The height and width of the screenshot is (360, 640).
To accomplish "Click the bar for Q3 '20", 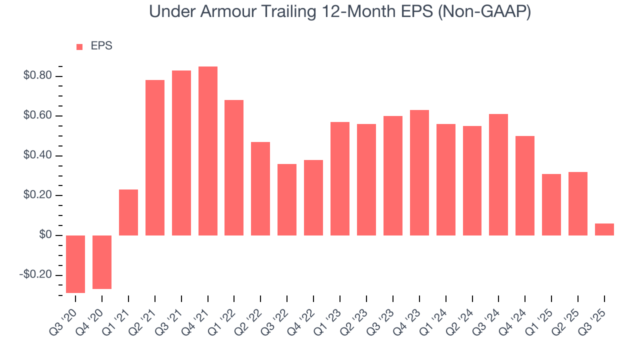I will coord(75,264).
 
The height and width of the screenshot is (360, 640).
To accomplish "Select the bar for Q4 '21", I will coord(208,151).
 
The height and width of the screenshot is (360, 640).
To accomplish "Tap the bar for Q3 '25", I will coord(604,229).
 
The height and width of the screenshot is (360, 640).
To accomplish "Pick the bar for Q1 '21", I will coord(128,212).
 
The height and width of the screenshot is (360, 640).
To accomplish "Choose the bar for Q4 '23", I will coord(419,172).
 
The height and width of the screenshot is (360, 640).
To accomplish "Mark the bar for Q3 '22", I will coord(287,199).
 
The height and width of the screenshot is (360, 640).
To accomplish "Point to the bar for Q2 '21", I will coord(155,157).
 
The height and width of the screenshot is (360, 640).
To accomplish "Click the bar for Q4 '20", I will coord(102,262).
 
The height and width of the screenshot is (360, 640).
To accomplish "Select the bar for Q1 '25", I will coord(551,204).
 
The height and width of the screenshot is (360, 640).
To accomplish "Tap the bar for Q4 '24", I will coord(525,185).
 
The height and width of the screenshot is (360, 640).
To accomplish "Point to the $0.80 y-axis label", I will coord(37,76).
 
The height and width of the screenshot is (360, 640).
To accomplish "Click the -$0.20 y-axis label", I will coord(35,275).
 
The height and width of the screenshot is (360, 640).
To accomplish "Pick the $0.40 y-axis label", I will coord(37,155).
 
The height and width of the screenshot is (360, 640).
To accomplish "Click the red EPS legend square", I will coord(79,46).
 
